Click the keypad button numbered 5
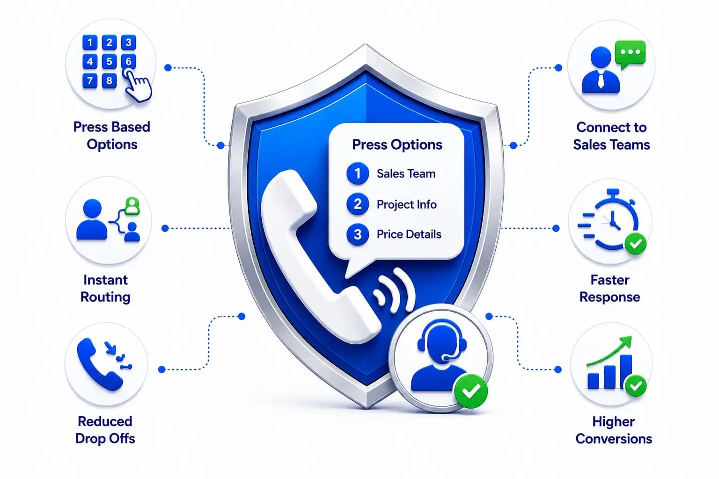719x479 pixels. click(x=109, y=61)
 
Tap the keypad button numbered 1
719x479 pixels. click(x=90, y=43)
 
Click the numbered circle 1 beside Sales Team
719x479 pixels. click(x=358, y=174)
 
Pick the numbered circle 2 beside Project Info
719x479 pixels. click(x=358, y=204)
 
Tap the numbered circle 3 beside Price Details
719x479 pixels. click(x=358, y=234)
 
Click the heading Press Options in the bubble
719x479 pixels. click(x=397, y=145)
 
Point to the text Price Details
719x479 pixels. click(x=409, y=234)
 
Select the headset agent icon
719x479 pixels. click(x=440, y=355)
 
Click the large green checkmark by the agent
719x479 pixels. click(x=471, y=391)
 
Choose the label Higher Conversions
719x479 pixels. click(x=613, y=430)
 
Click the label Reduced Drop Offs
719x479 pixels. click(x=105, y=430)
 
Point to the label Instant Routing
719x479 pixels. click(x=105, y=288)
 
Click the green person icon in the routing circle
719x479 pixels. click(x=132, y=206)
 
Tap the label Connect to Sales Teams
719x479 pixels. click(x=611, y=136)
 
